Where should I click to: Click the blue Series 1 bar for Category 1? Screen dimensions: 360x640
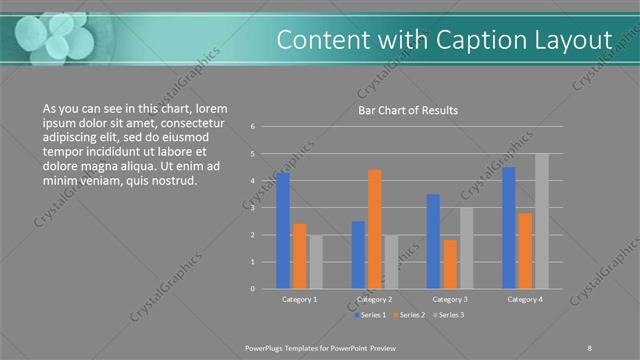[x=283, y=231]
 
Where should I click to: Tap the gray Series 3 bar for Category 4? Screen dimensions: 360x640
[x=541, y=222]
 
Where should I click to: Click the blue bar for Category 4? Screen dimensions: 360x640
[x=509, y=228]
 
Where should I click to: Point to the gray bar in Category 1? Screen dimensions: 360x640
[x=315, y=262]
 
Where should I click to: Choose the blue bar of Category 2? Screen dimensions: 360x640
[x=358, y=255]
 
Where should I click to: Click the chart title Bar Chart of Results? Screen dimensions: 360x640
[x=408, y=111]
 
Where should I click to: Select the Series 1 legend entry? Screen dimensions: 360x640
[x=372, y=315]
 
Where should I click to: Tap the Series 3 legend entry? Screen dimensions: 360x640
[x=450, y=315]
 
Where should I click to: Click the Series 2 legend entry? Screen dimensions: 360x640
[x=412, y=315]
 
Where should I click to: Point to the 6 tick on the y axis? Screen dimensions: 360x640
[x=253, y=127]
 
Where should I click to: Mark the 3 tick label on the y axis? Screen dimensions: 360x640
[x=253, y=208]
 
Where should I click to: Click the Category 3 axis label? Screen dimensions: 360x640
[x=449, y=299]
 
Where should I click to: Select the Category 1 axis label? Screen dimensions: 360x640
[x=299, y=299]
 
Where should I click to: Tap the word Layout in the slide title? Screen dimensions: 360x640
[x=573, y=39]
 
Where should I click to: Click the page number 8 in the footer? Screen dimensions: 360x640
[x=589, y=346]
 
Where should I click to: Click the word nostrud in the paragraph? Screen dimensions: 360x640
[x=176, y=181]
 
